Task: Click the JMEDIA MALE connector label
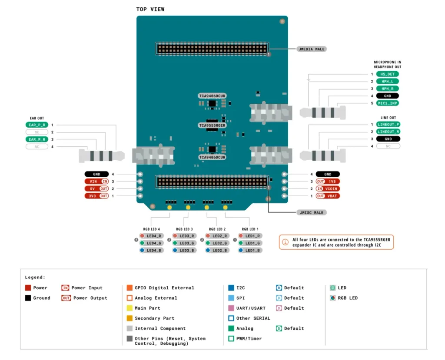(311, 49)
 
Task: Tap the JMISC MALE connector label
(311, 212)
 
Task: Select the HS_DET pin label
(387, 74)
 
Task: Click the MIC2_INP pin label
(387, 103)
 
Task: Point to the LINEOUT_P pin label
(388, 124)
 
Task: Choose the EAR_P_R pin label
(37, 125)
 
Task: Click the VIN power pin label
(96, 181)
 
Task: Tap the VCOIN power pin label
(328, 188)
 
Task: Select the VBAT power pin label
(328, 196)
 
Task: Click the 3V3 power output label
(96, 196)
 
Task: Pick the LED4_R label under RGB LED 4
(151, 236)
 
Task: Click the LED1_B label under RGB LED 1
(250, 250)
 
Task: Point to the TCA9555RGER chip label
(212, 126)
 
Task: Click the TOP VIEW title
(150, 10)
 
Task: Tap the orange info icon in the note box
(285, 242)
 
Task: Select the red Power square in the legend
(28, 287)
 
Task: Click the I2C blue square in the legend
(231, 287)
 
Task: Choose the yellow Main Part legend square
(130, 308)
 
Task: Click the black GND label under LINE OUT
(388, 139)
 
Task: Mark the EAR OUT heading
(37, 118)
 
